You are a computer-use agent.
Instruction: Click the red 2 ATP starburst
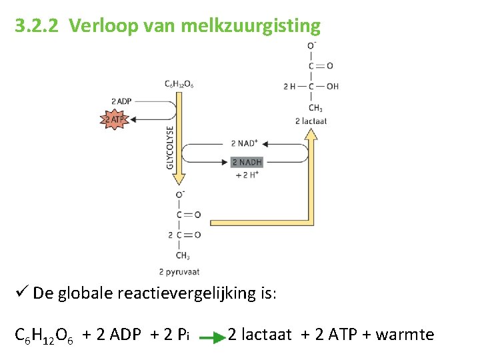coord(113,120)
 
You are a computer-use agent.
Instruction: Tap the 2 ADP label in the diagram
coord(121,101)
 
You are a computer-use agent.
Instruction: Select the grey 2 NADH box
coord(247,162)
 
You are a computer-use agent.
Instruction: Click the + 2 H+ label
coord(247,175)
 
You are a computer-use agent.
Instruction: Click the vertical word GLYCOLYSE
coord(170,147)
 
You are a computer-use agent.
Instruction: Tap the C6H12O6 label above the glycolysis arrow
coord(179,84)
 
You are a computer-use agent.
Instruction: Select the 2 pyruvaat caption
coord(179,271)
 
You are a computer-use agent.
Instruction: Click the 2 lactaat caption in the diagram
coord(311,121)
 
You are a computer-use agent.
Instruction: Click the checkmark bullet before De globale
coord(21,293)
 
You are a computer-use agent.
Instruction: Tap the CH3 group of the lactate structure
coord(315,108)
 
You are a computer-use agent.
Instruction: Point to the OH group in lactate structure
coord(332,87)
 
